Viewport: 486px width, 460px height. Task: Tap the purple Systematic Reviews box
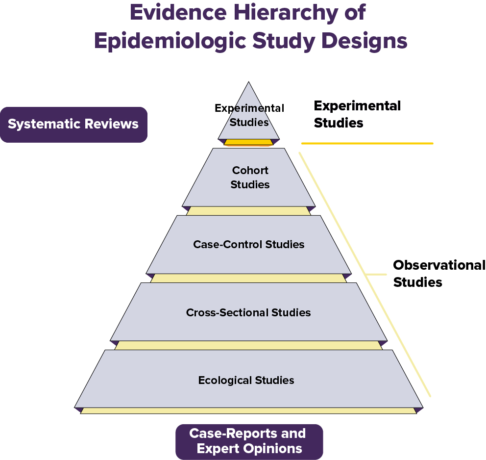point(73,125)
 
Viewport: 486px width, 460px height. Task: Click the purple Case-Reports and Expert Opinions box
point(249,441)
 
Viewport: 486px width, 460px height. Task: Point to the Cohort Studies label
point(250,178)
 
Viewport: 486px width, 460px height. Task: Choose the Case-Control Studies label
point(249,244)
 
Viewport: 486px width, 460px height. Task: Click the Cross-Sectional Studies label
point(248,312)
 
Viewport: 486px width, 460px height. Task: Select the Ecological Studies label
point(246,380)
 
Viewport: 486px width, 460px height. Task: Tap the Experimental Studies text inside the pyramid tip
point(249,115)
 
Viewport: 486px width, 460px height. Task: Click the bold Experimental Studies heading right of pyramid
point(357,114)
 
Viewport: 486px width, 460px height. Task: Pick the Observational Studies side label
point(438,274)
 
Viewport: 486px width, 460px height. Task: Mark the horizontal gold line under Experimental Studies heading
point(367,143)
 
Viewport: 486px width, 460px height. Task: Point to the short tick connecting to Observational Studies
point(375,274)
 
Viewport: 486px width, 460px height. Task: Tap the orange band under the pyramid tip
point(248,142)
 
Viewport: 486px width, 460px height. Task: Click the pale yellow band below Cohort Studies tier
point(248,211)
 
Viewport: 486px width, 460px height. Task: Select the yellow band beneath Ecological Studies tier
point(248,410)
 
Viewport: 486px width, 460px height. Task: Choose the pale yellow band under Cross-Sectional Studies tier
point(248,345)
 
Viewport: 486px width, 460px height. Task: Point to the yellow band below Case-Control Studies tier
point(248,278)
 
